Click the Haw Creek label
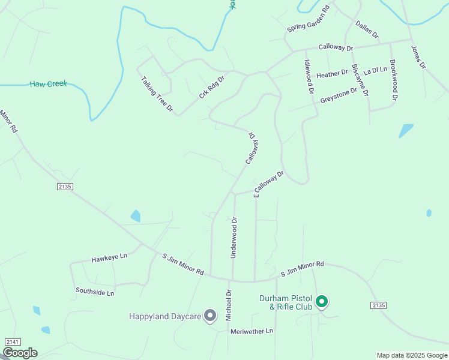[48, 84]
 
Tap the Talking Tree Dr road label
[157, 94]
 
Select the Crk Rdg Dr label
[211, 87]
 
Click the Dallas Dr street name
[367, 29]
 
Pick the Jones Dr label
[418, 56]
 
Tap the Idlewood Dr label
[309, 77]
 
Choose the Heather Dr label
[332, 74]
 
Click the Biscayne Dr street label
[360, 80]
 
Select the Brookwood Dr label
[394, 80]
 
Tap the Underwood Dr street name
[235, 238]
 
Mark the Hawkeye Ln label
[109, 257]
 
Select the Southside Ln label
[95, 292]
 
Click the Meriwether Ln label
[251, 331]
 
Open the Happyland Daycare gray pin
[210, 315]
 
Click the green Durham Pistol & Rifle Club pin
[322, 301]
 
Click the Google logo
[20, 353]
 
